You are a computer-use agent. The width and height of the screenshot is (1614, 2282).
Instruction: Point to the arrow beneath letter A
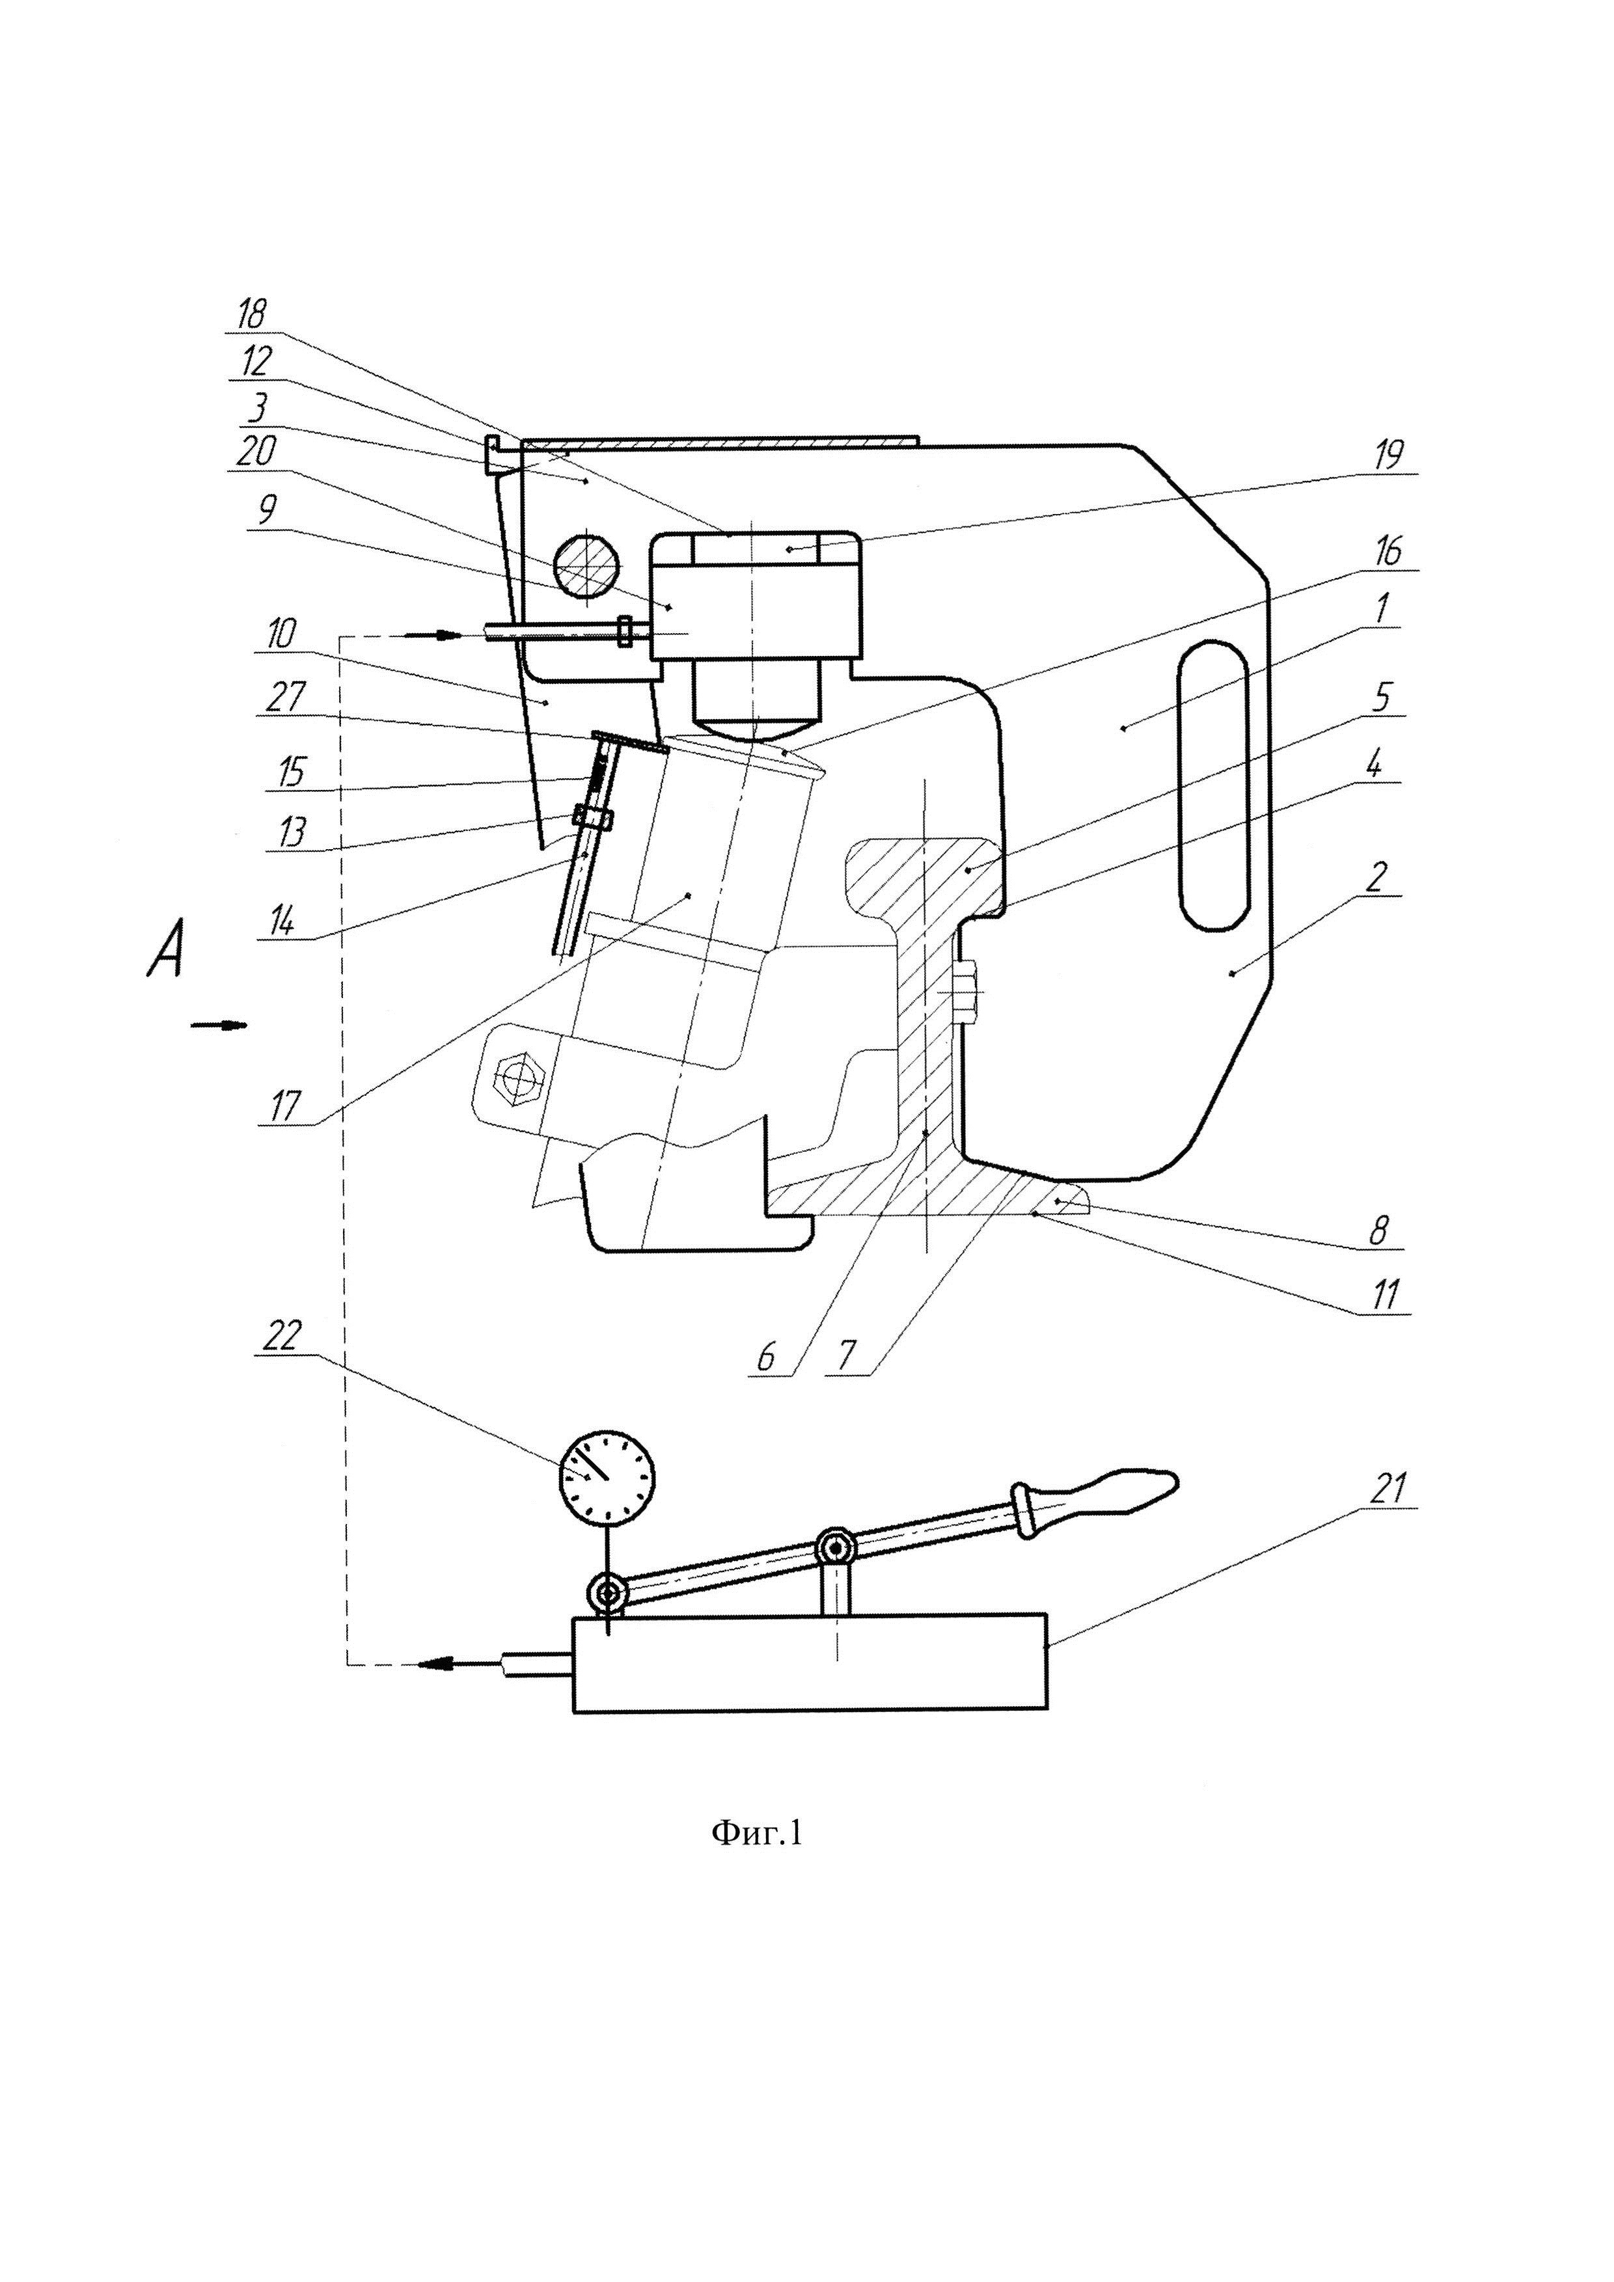[219, 1026]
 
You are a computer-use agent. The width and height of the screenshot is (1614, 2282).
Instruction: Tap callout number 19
[1388, 455]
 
